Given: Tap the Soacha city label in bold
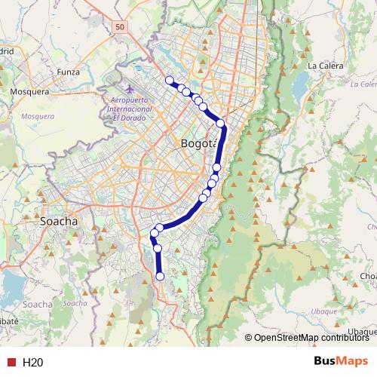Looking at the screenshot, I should (x=58, y=222).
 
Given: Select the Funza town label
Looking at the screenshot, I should (x=68, y=72).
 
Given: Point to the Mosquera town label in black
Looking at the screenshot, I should (x=29, y=91).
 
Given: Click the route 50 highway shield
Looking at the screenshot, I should (x=121, y=26).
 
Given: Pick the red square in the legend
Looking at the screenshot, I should (x=11, y=362).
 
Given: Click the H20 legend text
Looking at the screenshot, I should (x=32, y=362).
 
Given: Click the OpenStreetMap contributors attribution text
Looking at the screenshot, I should (x=306, y=337).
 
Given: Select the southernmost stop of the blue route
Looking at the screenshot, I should (x=160, y=277).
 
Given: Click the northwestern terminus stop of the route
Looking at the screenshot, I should (x=170, y=81).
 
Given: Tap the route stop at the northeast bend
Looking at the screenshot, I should (x=220, y=123).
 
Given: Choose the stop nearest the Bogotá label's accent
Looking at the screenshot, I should (x=216, y=167).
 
